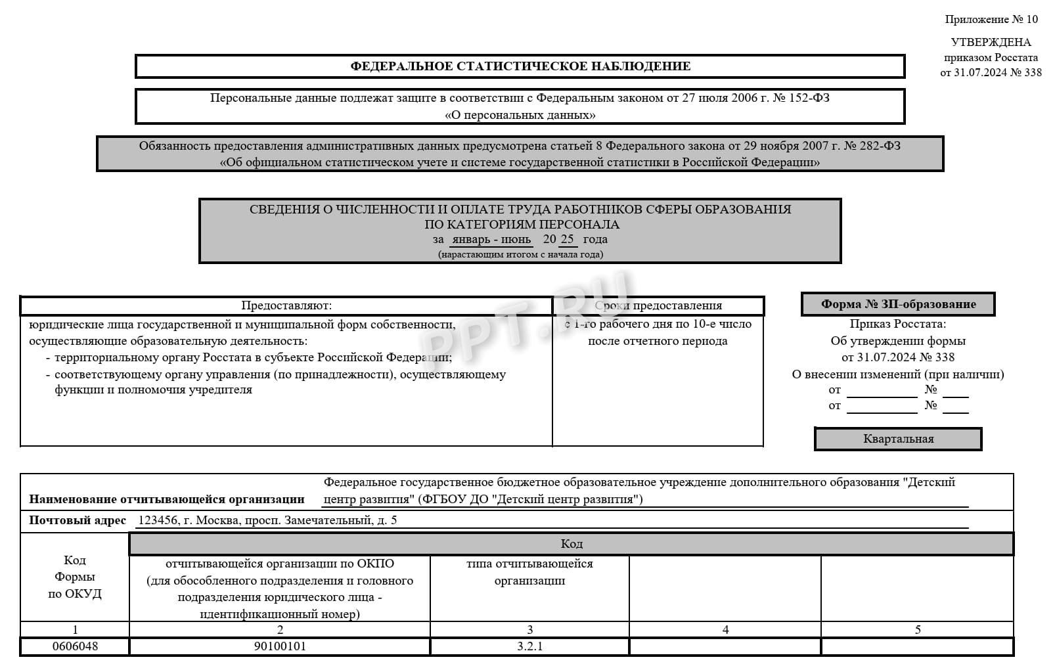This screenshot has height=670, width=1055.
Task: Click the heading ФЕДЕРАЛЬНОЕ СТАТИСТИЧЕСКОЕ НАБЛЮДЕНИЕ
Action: click(x=520, y=66)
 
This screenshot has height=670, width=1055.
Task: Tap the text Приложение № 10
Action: click(x=991, y=20)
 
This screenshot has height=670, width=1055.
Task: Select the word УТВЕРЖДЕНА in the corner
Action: click(x=991, y=42)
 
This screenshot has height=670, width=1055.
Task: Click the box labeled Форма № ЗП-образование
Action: click(x=898, y=304)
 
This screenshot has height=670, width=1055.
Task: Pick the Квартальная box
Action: click(x=898, y=439)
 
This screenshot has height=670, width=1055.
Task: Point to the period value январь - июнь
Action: click(x=491, y=239)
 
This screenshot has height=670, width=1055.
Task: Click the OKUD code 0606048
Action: click(x=75, y=646)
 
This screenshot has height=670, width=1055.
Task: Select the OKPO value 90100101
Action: click(x=280, y=646)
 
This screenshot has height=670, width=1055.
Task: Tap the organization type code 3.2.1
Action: click(x=529, y=646)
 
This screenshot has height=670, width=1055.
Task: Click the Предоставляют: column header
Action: click(x=286, y=305)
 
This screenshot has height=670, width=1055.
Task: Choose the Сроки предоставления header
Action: click(x=658, y=305)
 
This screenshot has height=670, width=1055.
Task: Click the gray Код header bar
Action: click(x=571, y=544)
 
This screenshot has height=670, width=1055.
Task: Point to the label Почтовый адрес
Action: click(x=78, y=520)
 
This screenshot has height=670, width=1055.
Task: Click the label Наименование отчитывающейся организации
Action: click(x=167, y=499)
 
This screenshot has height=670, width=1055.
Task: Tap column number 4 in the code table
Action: click(x=725, y=629)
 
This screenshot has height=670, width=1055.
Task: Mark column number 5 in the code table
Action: click(x=918, y=629)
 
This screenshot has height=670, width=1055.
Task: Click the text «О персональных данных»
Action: click(x=520, y=115)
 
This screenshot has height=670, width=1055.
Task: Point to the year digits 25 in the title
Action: click(x=567, y=239)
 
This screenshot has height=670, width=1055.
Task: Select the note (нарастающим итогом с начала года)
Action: click(x=520, y=254)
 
